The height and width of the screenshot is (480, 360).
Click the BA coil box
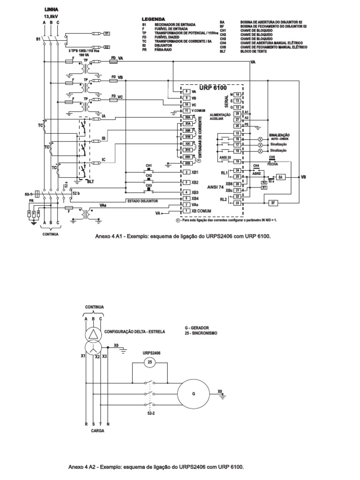click(280, 177)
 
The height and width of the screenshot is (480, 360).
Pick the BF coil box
click(272, 202)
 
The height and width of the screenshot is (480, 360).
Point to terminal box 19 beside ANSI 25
click(238, 161)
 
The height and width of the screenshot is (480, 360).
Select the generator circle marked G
click(193, 393)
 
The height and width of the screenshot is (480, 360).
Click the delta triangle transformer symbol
click(93, 334)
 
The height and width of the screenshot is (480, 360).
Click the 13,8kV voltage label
click(51, 15)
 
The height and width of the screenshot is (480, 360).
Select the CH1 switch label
click(149, 166)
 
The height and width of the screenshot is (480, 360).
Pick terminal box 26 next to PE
click(238, 126)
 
